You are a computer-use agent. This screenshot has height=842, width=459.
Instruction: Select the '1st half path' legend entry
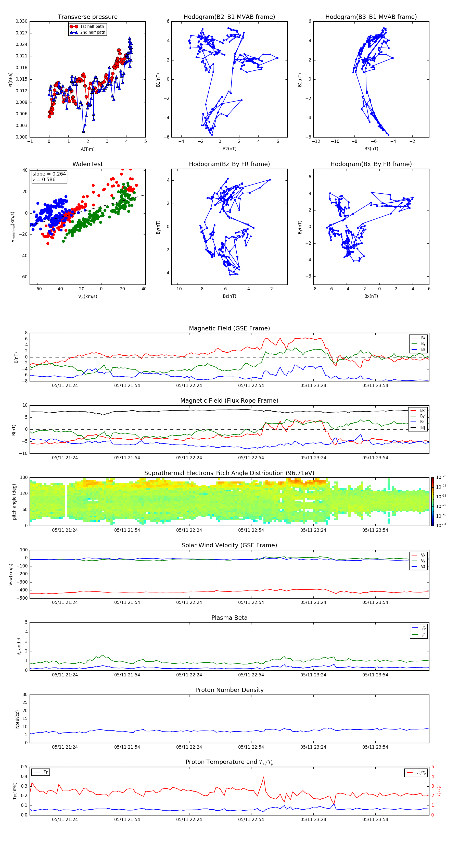[x=92, y=27]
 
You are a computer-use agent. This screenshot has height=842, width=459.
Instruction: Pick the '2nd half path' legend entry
[x=93, y=32]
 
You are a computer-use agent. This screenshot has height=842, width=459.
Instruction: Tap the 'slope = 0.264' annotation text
[x=49, y=174]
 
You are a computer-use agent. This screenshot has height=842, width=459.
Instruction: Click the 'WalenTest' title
[x=87, y=164]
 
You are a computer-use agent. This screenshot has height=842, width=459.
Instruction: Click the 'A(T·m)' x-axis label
[x=87, y=149]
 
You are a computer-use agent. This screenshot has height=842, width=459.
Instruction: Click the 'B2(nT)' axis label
[x=229, y=149]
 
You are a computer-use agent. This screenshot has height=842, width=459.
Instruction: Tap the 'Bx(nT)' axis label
[x=371, y=296]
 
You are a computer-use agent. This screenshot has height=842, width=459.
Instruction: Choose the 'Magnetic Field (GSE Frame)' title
[x=229, y=328]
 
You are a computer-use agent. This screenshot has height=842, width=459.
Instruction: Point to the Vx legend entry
[x=423, y=555]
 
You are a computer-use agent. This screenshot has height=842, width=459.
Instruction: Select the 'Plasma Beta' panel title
[x=229, y=618]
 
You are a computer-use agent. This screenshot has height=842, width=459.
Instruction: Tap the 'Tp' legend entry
[x=46, y=772]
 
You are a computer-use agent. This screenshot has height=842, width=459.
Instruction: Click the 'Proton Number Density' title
[x=229, y=690]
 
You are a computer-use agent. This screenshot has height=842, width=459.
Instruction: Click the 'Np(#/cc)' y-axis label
[x=18, y=719]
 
